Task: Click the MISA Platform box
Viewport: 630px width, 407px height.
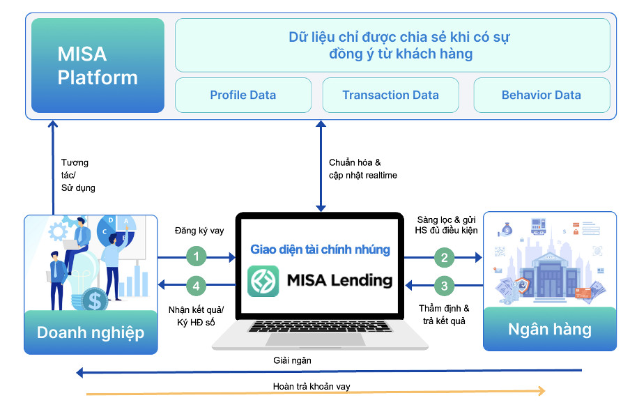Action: pyautogui.click(x=98, y=66)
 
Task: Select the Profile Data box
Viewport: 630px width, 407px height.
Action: pyautogui.click(x=243, y=95)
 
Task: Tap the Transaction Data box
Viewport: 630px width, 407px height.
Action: pyautogui.click(x=390, y=95)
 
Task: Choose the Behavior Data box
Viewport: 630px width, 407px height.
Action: pyautogui.click(x=541, y=95)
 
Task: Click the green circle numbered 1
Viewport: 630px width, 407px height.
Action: pyautogui.click(x=197, y=257)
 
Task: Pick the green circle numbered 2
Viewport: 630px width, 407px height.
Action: pyautogui.click(x=444, y=257)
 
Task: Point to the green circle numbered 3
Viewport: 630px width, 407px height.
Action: pyautogui.click(x=444, y=284)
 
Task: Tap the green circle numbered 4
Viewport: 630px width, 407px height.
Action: pyautogui.click(x=197, y=284)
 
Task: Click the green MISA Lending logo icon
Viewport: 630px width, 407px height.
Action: pyautogui.click(x=263, y=281)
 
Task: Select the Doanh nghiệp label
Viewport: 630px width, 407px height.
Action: pyautogui.click(x=91, y=332)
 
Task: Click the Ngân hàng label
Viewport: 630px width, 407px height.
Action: pyautogui.click(x=549, y=329)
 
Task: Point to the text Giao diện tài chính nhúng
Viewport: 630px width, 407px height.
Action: pyautogui.click(x=320, y=249)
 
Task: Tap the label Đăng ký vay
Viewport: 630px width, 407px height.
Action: pyautogui.click(x=199, y=231)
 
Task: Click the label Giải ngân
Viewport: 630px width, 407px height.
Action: pyautogui.click(x=292, y=361)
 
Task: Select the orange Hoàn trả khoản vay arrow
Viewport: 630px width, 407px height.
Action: pyautogui.click(x=314, y=394)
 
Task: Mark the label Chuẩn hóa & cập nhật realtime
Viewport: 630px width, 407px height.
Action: pyautogui.click(x=362, y=169)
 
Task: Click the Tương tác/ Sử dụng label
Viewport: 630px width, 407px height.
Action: pyautogui.click(x=77, y=175)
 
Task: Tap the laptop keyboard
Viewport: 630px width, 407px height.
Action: pyautogui.click(x=320, y=327)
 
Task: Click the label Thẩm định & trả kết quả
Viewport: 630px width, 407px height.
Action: pyautogui.click(x=444, y=314)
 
